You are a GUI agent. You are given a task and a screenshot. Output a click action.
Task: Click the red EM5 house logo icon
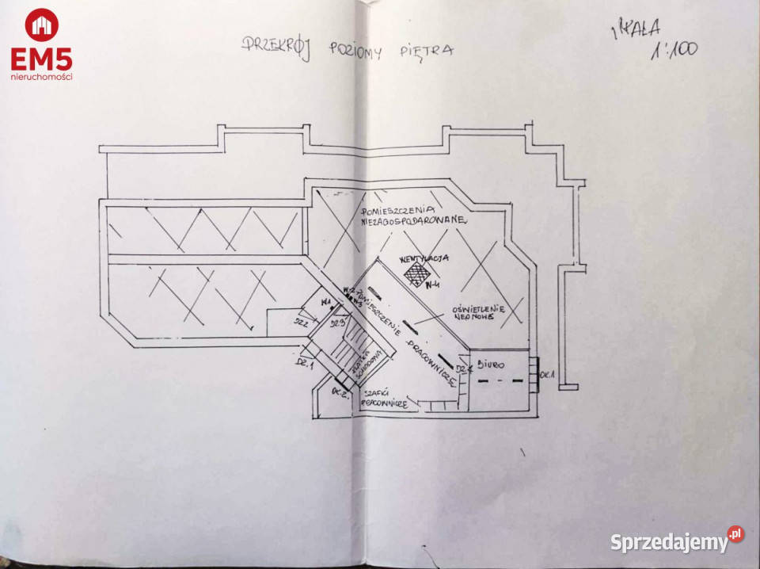coord(41,25)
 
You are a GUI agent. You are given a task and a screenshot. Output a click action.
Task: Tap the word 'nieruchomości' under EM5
coord(41,77)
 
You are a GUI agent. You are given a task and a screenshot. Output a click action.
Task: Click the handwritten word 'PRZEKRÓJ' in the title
coord(275,45)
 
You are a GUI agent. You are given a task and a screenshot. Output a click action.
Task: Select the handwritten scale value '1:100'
coord(674,50)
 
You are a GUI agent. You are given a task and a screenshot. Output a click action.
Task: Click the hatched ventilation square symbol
coord(415,273)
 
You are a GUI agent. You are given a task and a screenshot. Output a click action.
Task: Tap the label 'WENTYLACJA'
coord(424,258)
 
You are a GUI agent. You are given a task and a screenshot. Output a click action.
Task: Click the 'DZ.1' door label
coord(306,365)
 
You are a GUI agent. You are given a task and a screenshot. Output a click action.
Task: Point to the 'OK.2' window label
coord(340,393)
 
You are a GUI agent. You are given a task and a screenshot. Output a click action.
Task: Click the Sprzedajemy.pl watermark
coord(676,541)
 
